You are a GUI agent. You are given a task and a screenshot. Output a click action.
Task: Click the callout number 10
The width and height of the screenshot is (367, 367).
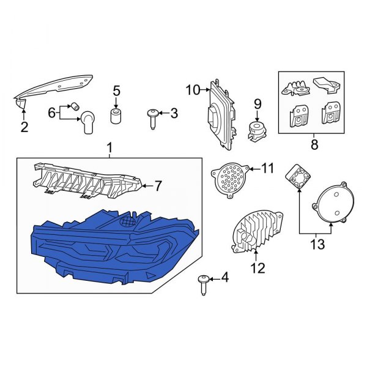point(193,90)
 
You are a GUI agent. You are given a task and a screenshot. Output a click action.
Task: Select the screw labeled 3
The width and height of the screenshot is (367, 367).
point(152,119)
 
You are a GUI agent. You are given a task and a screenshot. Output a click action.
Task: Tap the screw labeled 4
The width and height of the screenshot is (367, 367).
point(203,285)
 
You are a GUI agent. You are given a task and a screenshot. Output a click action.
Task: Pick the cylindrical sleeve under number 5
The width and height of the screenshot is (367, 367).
point(116,116)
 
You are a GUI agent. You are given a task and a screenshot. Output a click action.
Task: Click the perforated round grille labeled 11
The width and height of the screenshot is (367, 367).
point(229,180)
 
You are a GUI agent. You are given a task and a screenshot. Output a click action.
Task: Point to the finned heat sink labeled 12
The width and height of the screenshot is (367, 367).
point(257,231)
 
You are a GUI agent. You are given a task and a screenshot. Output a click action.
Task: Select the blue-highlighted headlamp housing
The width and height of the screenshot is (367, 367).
point(115,247)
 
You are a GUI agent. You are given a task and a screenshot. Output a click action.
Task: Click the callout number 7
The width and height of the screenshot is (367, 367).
point(158,186)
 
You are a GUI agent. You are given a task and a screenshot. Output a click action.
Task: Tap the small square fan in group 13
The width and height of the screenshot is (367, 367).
point(298,176)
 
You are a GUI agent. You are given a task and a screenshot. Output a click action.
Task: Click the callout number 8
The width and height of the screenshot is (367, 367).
point(314,144)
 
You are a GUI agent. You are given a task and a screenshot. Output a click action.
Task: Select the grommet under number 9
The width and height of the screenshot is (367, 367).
point(258,132)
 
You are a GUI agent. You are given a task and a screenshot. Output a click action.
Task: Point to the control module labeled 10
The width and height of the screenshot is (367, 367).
point(221,114)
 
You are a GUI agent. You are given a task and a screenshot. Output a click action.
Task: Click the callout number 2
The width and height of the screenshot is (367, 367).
point(24,127)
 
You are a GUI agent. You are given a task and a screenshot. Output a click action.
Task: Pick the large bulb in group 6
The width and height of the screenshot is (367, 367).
point(87,122)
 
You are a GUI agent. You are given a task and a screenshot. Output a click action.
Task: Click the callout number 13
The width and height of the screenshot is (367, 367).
point(317,244)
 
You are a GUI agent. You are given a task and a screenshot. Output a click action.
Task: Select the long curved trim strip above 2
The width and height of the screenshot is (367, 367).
point(53,88)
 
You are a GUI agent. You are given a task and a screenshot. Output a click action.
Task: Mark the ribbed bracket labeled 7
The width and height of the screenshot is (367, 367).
point(87,181)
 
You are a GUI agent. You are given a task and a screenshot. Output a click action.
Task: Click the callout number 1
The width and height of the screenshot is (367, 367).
point(109,148)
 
